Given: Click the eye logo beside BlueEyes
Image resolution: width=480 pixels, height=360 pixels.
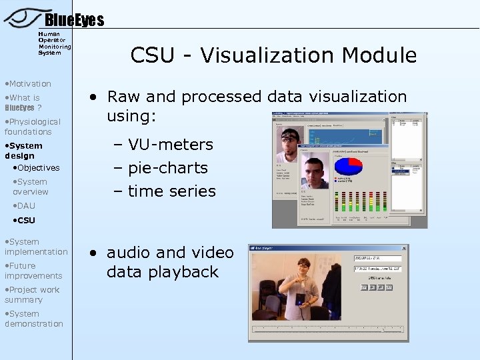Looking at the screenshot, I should (23, 17).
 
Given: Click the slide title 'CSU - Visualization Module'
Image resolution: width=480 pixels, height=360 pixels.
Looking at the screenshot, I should (273, 55).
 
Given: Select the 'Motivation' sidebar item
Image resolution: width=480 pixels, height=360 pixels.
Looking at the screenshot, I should (29, 83).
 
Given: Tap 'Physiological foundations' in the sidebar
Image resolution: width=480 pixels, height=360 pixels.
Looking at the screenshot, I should (32, 127).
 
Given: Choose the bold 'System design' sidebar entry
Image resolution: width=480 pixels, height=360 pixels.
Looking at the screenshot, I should (24, 151).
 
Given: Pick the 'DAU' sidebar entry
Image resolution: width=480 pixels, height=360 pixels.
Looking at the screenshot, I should (26, 205).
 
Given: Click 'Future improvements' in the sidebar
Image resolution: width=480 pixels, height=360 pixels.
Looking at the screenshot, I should (33, 271).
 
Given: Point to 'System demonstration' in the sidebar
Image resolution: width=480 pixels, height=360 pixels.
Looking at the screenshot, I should (33, 319).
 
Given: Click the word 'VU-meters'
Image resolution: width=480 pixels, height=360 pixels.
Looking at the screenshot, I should (170, 145).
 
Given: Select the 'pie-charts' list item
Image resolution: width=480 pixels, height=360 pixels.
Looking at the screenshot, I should (167, 168).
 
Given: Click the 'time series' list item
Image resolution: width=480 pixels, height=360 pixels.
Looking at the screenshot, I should (171, 191).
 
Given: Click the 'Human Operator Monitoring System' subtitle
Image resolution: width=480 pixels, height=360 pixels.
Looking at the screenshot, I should (54, 43).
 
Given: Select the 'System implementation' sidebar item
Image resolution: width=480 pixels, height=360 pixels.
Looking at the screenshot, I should (36, 247).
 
